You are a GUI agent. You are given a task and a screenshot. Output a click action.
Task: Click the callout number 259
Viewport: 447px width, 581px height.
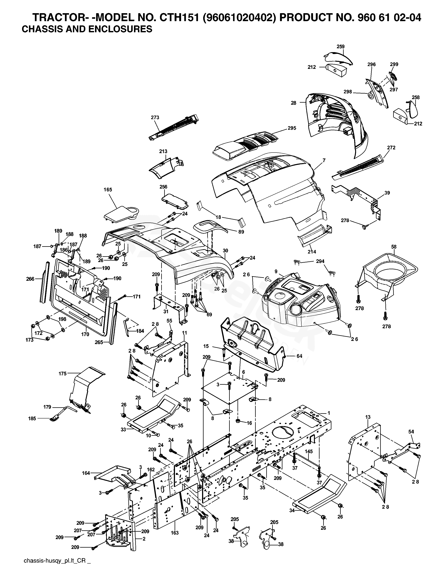(340, 47)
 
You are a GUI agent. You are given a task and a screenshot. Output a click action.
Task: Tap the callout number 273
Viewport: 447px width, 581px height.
(155, 117)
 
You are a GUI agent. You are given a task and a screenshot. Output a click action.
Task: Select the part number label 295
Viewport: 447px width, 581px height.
(292, 128)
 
